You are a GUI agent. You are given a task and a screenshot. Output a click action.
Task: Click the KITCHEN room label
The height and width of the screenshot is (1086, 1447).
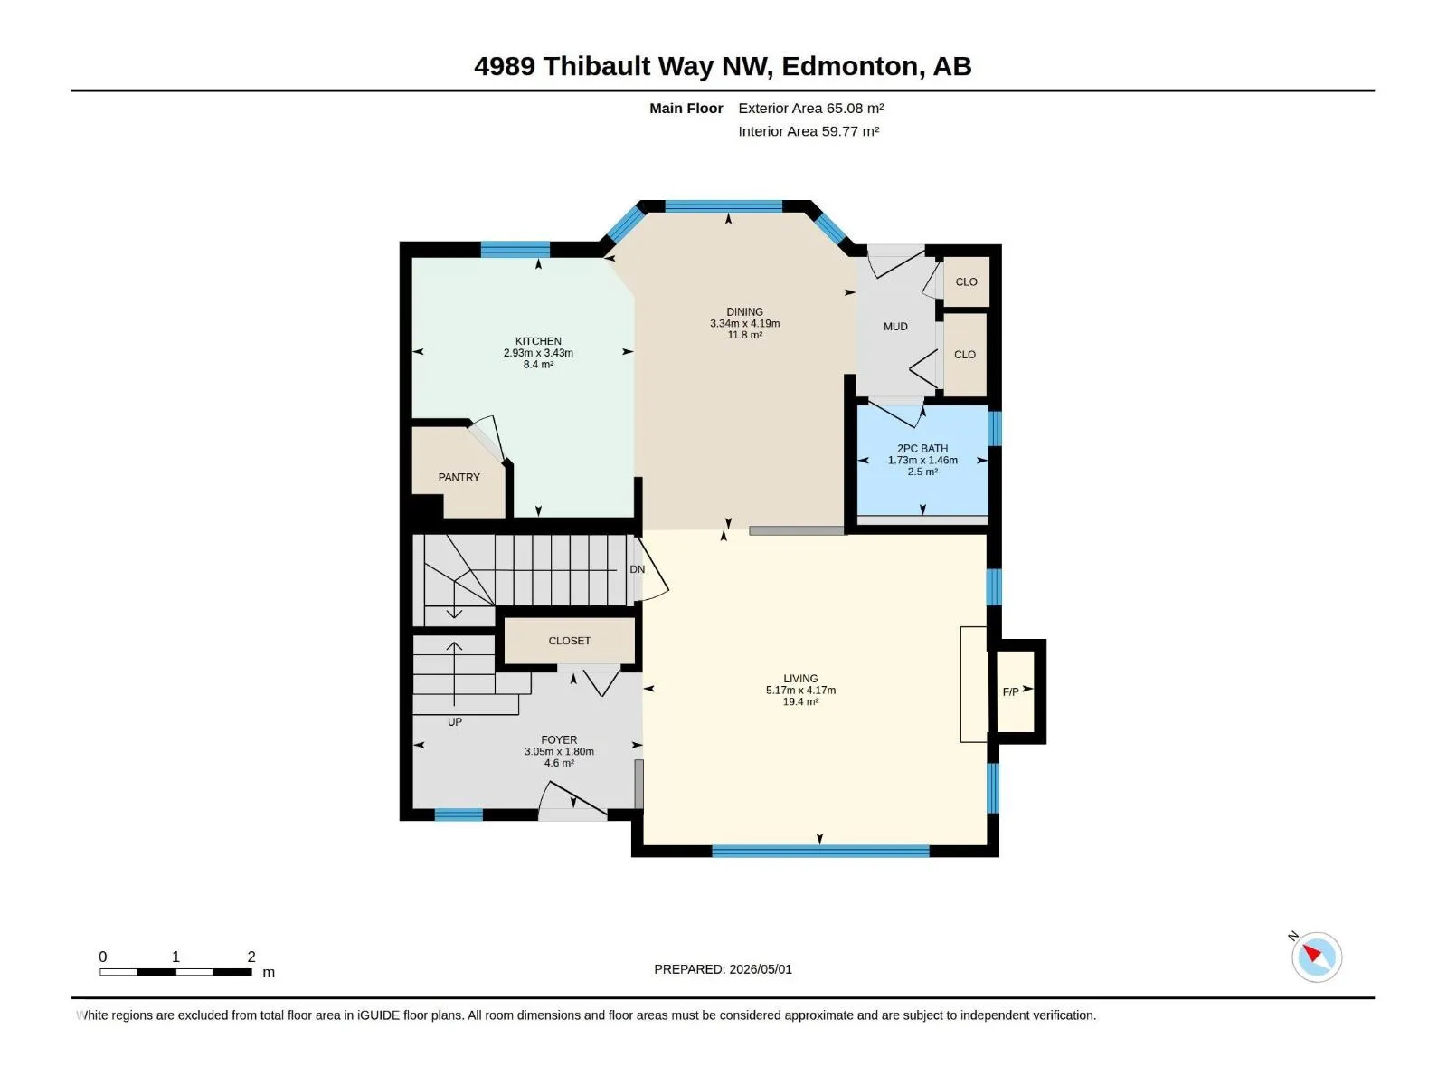click(538, 341)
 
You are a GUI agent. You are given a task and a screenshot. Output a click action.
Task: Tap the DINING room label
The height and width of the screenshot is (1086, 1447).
click(744, 312)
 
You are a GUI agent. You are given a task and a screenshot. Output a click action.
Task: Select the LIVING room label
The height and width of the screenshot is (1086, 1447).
click(800, 679)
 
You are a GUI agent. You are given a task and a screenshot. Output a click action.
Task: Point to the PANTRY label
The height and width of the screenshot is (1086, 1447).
click(459, 478)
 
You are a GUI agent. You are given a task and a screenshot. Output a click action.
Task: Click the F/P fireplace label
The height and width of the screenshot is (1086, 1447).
click(1010, 691)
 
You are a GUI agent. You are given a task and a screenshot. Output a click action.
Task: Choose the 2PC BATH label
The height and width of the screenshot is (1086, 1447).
click(922, 448)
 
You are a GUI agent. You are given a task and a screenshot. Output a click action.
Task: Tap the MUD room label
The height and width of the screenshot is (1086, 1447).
click(895, 327)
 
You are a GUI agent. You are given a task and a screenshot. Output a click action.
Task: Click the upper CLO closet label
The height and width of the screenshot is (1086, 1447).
click(966, 281)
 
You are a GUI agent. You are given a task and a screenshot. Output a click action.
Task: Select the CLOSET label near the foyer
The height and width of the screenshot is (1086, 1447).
click(569, 641)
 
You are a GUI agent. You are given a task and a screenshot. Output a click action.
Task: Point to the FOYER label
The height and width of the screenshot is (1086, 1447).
click(558, 739)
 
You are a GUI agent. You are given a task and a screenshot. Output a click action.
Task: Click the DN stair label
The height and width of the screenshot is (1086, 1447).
click(637, 569)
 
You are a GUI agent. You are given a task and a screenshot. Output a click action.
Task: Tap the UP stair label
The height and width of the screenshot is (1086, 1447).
click(454, 722)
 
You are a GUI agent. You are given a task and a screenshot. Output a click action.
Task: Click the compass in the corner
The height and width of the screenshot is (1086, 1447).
click(1316, 957)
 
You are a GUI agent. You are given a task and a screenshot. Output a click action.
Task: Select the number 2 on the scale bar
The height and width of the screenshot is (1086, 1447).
click(251, 957)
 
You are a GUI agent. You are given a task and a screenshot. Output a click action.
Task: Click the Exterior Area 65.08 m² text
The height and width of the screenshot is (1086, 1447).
click(811, 108)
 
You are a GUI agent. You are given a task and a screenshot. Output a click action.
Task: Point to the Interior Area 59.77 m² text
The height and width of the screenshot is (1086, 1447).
click(809, 131)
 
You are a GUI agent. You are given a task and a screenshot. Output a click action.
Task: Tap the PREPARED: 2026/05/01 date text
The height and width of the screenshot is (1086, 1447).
click(723, 969)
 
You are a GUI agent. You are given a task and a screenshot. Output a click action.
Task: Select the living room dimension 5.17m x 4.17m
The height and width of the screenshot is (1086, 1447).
click(800, 691)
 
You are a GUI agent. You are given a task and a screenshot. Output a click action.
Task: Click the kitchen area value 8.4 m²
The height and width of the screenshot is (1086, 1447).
click(538, 364)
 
